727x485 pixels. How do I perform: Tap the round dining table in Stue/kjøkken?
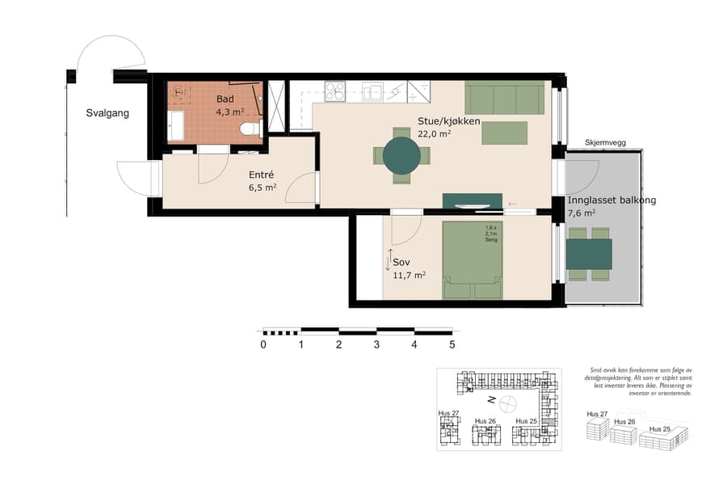(401, 155)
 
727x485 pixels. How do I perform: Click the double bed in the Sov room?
(472, 260)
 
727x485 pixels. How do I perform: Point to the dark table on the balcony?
(589, 254)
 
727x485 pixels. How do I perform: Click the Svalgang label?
(107, 113)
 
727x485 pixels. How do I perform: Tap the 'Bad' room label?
(225, 99)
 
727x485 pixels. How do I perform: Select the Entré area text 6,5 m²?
(263, 188)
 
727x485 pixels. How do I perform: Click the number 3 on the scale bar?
(376, 344)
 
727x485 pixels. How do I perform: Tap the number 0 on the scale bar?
(263, 344)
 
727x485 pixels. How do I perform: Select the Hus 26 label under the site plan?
(485, 421)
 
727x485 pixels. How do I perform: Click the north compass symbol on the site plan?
(507, 402)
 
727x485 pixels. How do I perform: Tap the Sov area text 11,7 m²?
(409, 275)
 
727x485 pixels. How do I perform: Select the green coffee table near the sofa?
(504, 133)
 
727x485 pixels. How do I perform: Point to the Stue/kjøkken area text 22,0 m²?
(434, 135)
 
